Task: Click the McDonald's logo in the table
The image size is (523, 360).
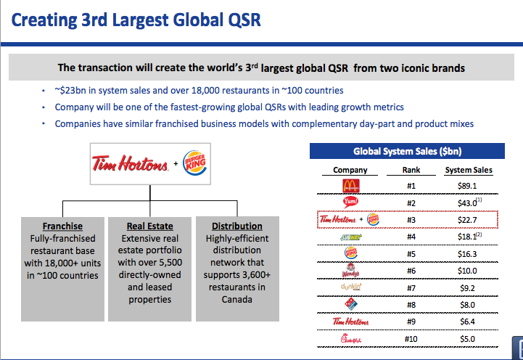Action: (350, 187)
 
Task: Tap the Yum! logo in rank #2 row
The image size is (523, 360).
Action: (350, 202)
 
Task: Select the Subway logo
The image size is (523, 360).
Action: (350, 237)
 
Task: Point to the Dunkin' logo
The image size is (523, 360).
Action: (350, 287)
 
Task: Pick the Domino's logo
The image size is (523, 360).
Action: (350, 305)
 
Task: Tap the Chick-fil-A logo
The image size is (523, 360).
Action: (350, 338)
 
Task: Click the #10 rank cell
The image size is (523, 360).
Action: (411, 338)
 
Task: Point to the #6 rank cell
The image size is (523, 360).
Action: (411, 271)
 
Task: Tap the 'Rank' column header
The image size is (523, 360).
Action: (411, 170)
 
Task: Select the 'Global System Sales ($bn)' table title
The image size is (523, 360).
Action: (407, 152)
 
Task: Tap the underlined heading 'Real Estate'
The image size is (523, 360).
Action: (149, 226)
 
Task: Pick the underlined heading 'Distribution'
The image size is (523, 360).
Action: (237, 226)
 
